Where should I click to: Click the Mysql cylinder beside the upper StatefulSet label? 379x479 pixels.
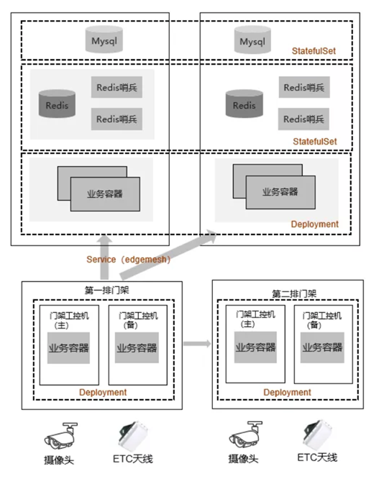pos(252,40)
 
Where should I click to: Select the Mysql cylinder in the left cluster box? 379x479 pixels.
pos(104,40)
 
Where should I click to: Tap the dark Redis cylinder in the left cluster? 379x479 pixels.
pos(57,104)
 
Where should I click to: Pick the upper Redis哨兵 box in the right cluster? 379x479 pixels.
pos(304,87)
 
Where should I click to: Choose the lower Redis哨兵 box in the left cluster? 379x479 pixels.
pos(117,119)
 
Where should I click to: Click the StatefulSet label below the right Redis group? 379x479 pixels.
pos(315,142)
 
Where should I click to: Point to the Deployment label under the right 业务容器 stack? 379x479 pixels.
pos(314,224)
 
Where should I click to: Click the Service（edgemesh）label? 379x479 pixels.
pos(128,260)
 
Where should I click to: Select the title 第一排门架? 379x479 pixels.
pos(107,290)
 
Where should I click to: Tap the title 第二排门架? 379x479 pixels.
pos(294,294)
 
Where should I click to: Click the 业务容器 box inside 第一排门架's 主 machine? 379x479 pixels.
pos(69,348)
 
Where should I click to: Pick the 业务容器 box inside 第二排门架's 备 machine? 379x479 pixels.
pos(322,347)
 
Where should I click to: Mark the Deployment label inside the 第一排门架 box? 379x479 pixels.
pos(103,392)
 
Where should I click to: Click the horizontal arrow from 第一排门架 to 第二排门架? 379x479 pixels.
pos(197,344)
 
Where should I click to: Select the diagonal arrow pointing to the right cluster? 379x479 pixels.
pos(168,255)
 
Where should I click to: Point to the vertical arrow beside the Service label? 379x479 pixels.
pos(104,257)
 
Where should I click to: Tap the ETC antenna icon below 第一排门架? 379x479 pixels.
pos(134,436)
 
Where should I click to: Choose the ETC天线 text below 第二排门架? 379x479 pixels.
pos(317,457)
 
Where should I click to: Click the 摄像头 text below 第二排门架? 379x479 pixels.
pos(243,459)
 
